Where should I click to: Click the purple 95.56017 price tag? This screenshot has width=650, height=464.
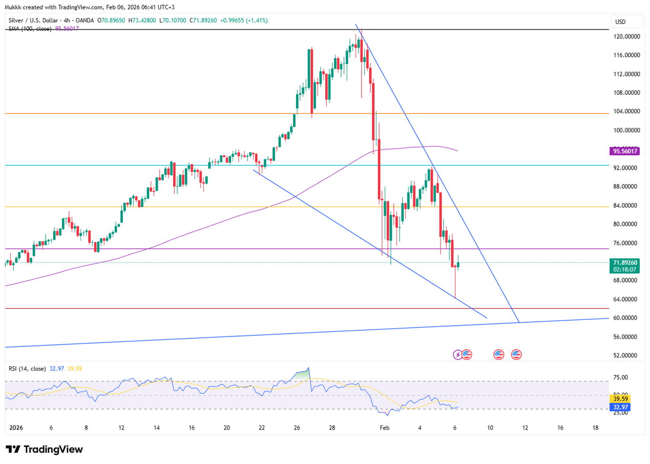tap(624, 151)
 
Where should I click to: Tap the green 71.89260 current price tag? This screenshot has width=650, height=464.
tap(624, 262)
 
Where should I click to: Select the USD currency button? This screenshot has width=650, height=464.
tap(620, 22)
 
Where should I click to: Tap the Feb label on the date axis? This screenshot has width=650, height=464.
tap(384, 427)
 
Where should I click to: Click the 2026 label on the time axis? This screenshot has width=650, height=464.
tap(17, 427)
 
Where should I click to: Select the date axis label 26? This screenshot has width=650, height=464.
tap(297, 427)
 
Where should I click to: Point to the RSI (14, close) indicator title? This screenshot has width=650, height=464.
tap(27, 369)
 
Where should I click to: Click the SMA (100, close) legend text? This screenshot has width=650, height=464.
tap(30, 29)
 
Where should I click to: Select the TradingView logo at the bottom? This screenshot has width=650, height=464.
tap(45, 449)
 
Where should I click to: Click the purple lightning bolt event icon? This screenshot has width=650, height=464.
tap(458, 354)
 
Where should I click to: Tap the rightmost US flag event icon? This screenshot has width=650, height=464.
tap(516, 354)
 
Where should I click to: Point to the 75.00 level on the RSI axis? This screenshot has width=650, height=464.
tap(621, 377)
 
